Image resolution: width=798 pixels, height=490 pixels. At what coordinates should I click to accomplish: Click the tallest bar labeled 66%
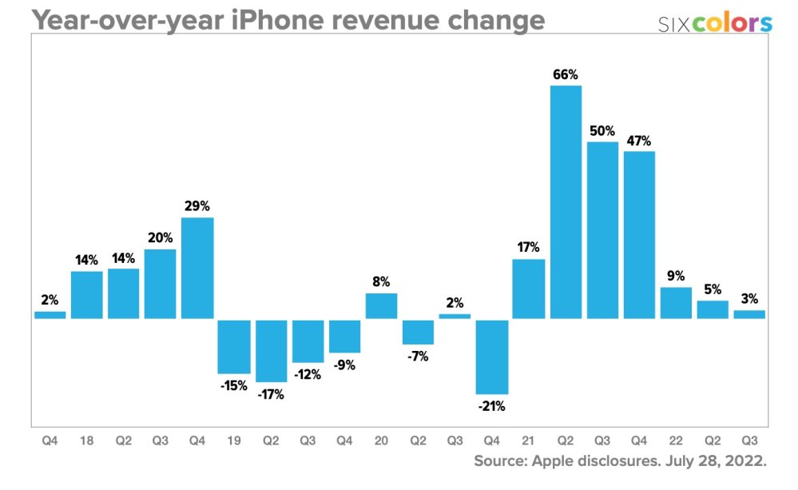click(566, 201)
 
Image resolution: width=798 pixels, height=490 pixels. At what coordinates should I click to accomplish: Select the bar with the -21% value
click(492, 357)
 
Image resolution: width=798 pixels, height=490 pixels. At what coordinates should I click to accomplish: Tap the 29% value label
click(197, 205)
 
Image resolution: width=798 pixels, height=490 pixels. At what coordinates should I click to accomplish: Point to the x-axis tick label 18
click(87, 439)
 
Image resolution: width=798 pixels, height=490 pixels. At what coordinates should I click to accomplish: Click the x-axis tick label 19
click(234, 439)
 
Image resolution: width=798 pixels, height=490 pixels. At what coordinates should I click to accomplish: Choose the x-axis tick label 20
click(382, 439)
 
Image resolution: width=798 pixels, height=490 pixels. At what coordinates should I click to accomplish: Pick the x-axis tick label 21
click(529, 439)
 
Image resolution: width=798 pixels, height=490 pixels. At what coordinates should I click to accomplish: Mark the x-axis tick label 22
click(677, 439)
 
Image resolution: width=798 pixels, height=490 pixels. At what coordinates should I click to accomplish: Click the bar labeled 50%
click(602, 230)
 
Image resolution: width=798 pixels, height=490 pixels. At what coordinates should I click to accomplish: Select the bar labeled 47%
click(639, 235)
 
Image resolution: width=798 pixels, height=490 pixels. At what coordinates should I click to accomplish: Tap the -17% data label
click(271, 394)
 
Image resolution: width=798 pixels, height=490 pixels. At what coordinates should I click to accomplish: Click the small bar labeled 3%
click(749, 314)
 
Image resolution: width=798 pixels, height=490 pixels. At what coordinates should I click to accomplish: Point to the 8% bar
click(382, 305)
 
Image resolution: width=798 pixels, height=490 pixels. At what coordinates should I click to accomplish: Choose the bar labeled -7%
click(419, 332)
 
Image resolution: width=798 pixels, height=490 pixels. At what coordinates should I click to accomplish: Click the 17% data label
click(529, 247)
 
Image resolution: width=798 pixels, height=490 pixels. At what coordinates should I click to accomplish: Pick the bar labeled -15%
click(234, 346)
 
